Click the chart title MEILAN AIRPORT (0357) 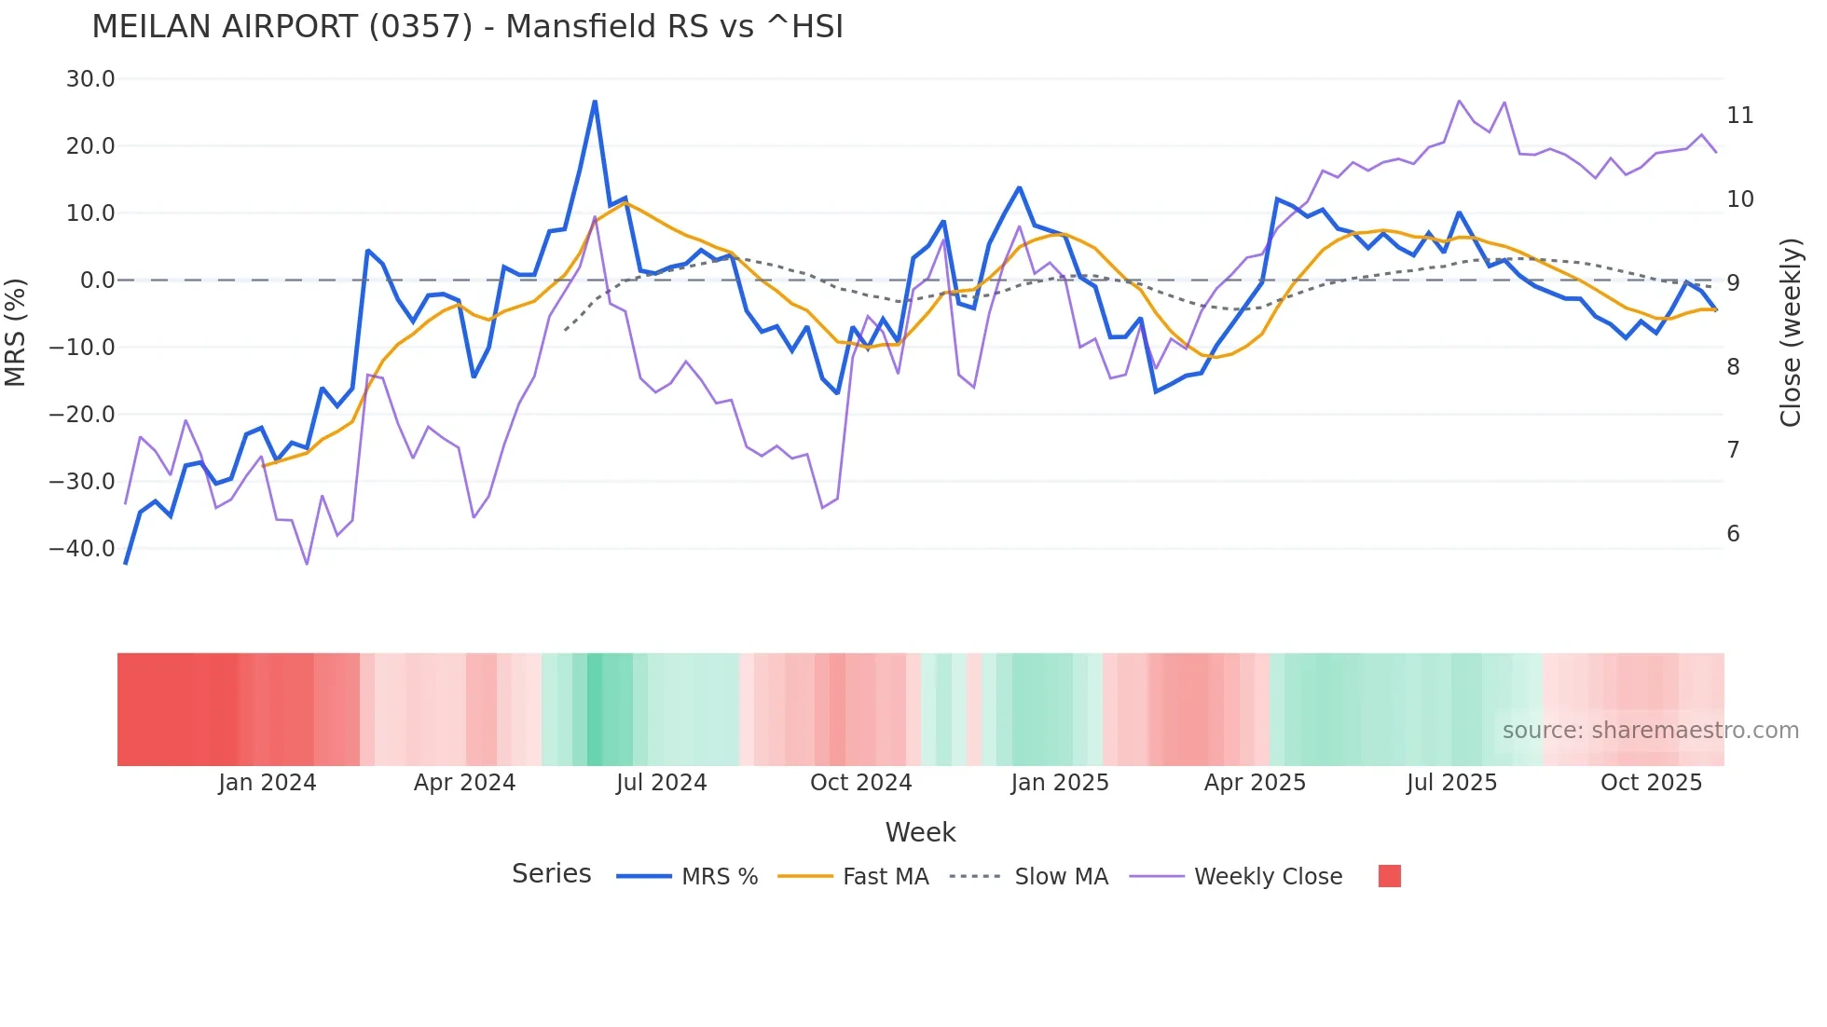[467, 27]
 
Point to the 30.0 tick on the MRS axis [90, 79]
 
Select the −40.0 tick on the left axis [82, 549]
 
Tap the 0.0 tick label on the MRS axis [97, 281]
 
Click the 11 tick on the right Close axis [1739, 116]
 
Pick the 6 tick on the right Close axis [1733, 534]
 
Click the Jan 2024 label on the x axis [268, 783]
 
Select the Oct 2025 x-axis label [1651, 783]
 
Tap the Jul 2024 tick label [661, 783]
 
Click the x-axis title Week [920, 832]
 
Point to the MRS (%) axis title [16, 332]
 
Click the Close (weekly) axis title [1790, 333]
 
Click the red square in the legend [1389, 876]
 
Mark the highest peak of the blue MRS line [595, 102]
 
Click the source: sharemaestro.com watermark [1650, 731]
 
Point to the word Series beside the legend [551, 874]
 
